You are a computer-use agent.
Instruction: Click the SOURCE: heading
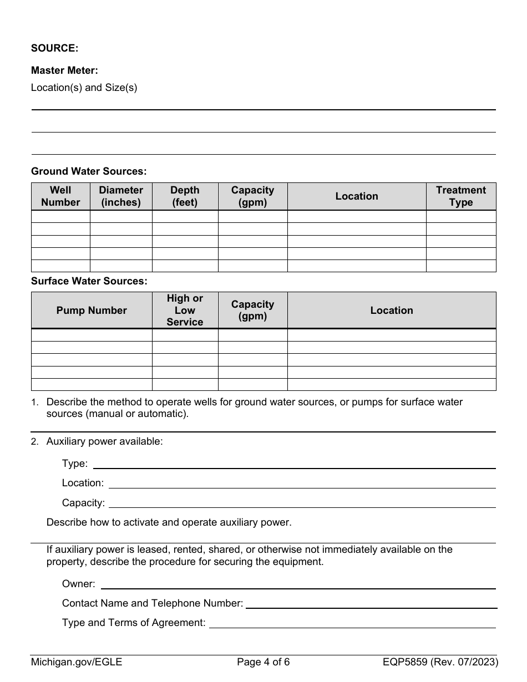[54, 48]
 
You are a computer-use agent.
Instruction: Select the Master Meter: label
[64, 70]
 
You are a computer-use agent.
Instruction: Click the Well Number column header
[60, 196]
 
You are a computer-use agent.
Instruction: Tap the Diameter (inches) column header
[121, 196]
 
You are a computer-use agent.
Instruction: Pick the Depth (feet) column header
[185, 196]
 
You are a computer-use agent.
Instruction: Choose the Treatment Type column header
[460, 196]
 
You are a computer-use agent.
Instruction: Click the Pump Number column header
[92, 311]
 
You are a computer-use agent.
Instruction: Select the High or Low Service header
[185, 311]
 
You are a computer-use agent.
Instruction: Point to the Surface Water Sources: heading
[89, 281]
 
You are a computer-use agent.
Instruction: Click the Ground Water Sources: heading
[89, 171]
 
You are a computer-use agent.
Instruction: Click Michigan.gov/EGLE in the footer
[77, 661]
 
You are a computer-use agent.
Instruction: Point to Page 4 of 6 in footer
[263, 661]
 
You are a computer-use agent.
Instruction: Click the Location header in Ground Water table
[356, 196]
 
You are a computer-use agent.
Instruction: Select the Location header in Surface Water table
[391, 311]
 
